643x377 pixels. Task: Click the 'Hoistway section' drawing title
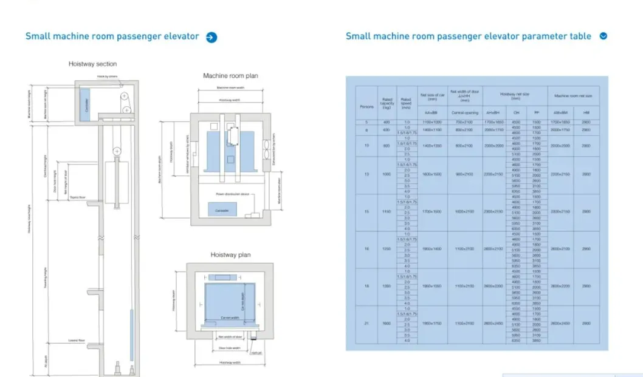[92, 64]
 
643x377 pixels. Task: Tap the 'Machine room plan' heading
[230, 76]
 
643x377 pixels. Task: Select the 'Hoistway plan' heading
[230, 255]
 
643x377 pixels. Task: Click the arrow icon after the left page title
[211, 37]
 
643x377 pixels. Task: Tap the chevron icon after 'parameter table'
[603, 36]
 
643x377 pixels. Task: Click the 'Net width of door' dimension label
[230, 336]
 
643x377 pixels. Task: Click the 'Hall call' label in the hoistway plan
[257, 353]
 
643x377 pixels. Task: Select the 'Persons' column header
[366, 107]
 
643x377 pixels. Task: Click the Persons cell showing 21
[366, 324]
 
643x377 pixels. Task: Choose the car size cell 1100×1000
[432, 123]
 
